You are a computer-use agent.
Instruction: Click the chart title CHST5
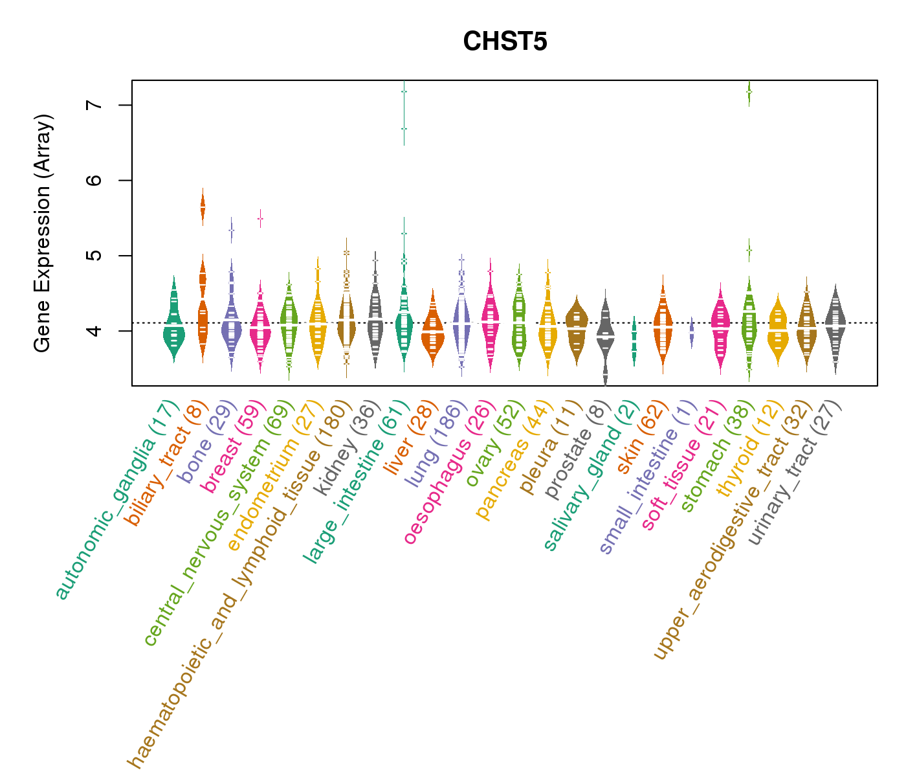(x=505, y=42)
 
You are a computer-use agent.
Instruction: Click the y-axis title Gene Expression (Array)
(x=42, y=233)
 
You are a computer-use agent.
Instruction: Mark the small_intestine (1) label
(x=648, y=477)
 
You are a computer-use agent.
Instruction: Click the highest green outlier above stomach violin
(x=749, y=92)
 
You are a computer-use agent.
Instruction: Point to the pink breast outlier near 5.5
(x=260, y=219)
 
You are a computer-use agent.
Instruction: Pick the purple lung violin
(x=461, y=324)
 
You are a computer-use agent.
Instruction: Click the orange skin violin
(x=663, y=324)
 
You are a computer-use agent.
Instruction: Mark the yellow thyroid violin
(x=777, y=330)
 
